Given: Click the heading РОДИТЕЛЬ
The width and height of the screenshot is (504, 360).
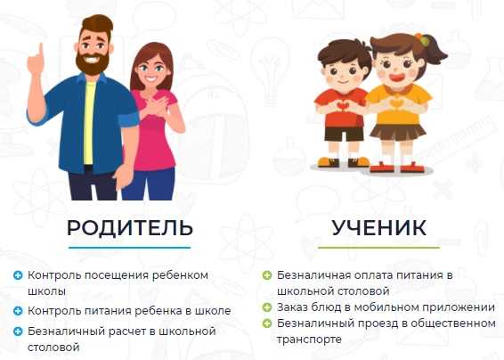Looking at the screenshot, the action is [129, 228].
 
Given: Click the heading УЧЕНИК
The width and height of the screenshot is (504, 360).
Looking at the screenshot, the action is [379, 228].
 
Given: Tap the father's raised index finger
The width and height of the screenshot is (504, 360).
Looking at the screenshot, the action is [40, 51].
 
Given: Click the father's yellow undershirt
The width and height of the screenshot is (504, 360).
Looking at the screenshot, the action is [89, 122].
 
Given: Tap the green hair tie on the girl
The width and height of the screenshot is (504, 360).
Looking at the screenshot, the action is [425, 41].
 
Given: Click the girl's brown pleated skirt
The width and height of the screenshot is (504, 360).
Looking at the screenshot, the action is [398, 131].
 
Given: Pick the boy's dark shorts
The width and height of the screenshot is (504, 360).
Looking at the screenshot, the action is [345, 134].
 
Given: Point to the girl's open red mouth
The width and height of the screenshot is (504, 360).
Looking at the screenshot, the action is [397, 78].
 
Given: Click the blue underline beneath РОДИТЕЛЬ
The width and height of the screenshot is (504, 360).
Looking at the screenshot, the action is [129, 248].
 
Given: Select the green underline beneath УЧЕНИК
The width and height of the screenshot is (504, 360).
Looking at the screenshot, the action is [379, 248].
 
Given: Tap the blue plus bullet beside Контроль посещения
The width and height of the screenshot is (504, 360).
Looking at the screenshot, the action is [18, 275].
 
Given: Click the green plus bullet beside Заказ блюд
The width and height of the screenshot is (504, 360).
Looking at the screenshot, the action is [267, 307].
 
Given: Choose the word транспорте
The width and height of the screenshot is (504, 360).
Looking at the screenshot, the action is [309, 340].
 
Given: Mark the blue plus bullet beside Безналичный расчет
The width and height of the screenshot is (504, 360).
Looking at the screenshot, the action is [18, 331].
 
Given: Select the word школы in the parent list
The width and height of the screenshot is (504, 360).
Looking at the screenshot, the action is [47, 291].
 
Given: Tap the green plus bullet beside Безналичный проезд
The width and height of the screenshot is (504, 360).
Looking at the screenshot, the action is [267, 323].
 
